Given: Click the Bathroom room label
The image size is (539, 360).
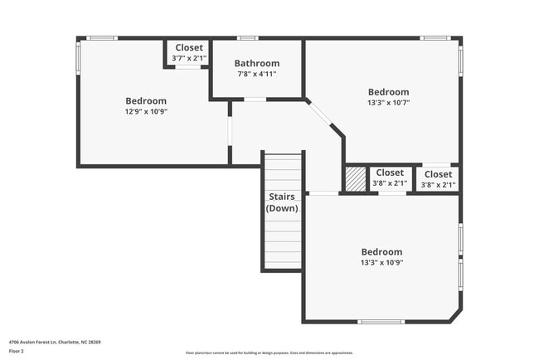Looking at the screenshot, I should coord(256,63).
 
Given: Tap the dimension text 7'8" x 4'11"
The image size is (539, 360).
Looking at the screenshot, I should coord(256,74).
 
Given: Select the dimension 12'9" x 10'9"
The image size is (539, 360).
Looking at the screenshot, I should coord(145,111).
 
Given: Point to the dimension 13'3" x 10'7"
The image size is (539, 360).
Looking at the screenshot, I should coord(388,103).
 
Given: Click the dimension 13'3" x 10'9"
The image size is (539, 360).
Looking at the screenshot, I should coord(381,262).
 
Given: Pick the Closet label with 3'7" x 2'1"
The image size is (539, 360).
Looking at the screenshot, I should coord(188,48).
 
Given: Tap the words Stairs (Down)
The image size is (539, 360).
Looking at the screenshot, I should coord(283,202).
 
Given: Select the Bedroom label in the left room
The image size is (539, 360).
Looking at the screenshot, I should coord(146,100).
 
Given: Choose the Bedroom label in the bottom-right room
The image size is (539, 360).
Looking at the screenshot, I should coord(381,251).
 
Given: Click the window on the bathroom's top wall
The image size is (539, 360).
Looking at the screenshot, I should coord(247,38).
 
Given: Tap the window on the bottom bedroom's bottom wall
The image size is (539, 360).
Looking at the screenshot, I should coord(380,321).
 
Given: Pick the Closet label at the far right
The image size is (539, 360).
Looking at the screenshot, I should coord(437,174).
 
